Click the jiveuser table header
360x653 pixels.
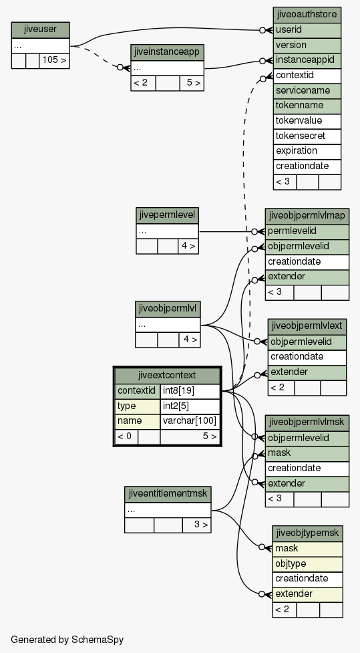click(40, 30)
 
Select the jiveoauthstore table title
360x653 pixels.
click(307, 15)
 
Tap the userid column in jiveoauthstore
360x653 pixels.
click(307, 30)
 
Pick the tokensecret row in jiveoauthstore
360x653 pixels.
click(307, 136)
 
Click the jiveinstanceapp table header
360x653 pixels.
click(167, 53)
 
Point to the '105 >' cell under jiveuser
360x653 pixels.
click(54, 60)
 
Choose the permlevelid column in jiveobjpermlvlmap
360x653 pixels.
click(307, 231)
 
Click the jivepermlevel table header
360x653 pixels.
click(167, 216)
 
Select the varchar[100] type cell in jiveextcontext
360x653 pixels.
click(190, 421)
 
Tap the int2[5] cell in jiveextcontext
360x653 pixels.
click(190, 406)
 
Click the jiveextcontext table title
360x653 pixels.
click(167, 375)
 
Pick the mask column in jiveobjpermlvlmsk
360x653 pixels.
click(307, 453)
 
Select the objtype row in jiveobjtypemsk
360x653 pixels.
click(307, 564)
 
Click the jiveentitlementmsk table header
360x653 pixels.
click(168, 495)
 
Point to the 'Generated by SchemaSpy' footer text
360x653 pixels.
click(67, 640)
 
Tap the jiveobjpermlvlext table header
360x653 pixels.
click(307, 326)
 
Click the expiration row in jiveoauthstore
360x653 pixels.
click(307, 151)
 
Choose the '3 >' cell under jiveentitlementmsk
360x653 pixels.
click(196, 525)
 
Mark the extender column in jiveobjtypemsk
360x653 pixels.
click(307, 594)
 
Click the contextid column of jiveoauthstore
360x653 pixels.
click(307, 76)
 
